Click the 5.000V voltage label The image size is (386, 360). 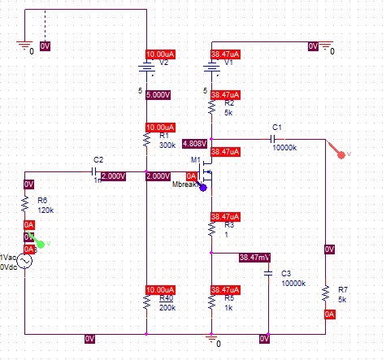click(x=158, y=94)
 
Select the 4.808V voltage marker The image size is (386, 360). click(x=196, y=142)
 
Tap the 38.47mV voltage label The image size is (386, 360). click(x=254, y=258)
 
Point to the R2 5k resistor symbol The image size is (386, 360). click(x=210, y=106)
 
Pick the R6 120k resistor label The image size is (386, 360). click(x=45, y=205)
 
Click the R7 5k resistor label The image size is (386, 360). click(x=342, y=293)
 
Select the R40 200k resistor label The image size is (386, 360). click(x=167, y=302)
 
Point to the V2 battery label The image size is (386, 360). click(x=163, y=62)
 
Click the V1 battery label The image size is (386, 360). click(x=228, y=62)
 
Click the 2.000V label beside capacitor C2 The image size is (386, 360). click(x=113, y=176)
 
